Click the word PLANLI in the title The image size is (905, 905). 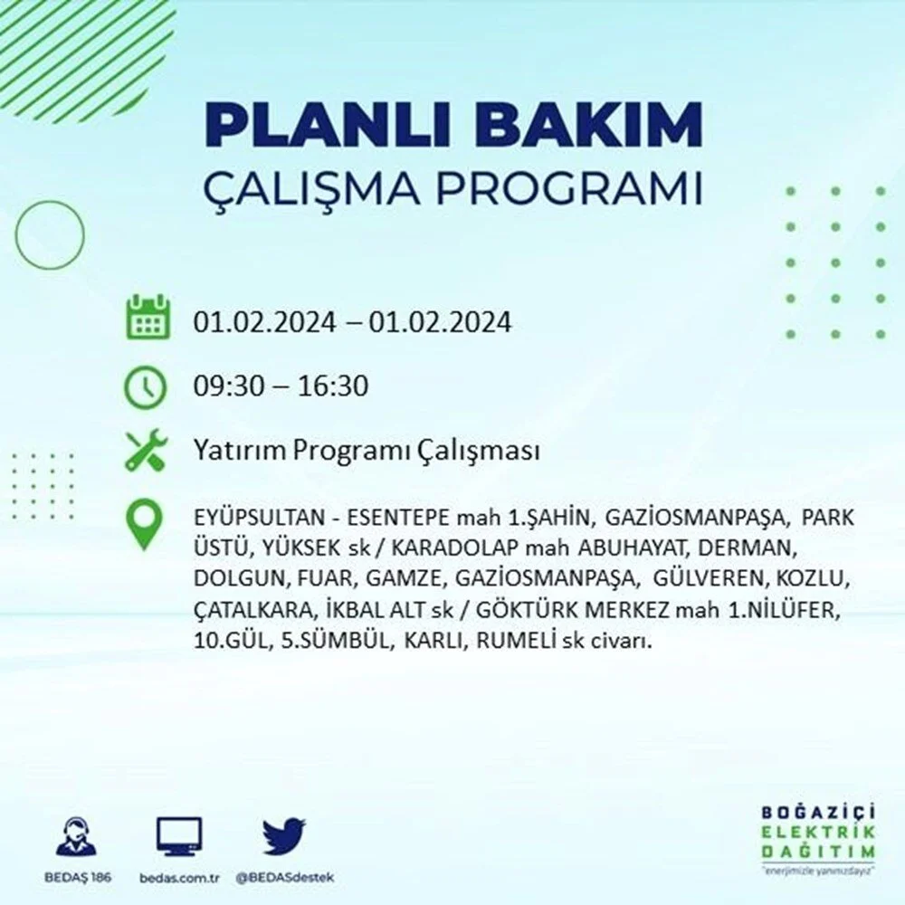tap(329, 125)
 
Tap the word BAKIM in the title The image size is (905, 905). tap(589, 125)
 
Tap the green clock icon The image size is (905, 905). tap(146, 386)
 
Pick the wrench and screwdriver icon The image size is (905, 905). tap(146, 450)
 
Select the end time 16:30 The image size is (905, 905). tap(333, 386)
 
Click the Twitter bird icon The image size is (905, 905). tap(284, 835)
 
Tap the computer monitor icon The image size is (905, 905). tap(179, 836)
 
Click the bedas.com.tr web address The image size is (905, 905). tap(179, 878)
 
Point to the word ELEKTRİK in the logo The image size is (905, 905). tap(818, 832)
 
